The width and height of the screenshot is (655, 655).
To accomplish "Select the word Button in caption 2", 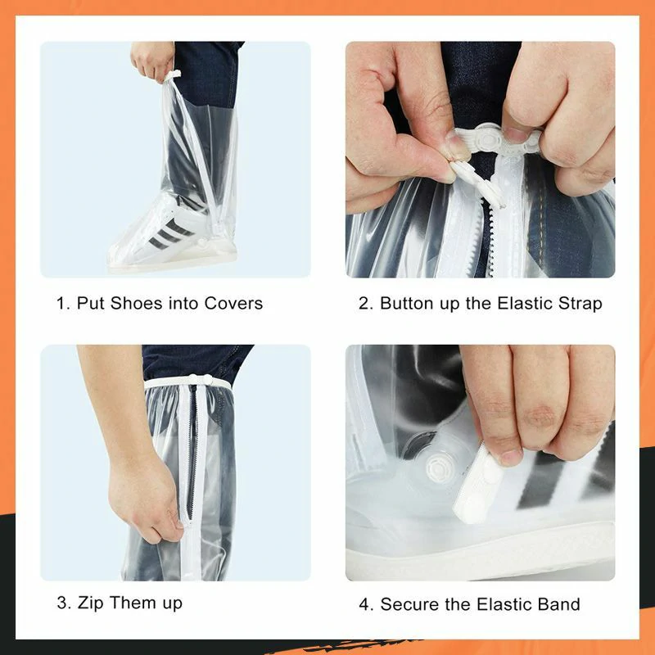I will tap(407, 303).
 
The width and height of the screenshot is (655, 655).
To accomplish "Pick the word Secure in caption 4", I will tap(409, 604).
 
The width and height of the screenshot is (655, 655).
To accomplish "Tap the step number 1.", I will tap(61, 303).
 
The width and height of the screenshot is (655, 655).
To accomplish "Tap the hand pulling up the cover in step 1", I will tap(154, 61).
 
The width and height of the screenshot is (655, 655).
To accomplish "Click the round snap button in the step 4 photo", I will tap(436, 469).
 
